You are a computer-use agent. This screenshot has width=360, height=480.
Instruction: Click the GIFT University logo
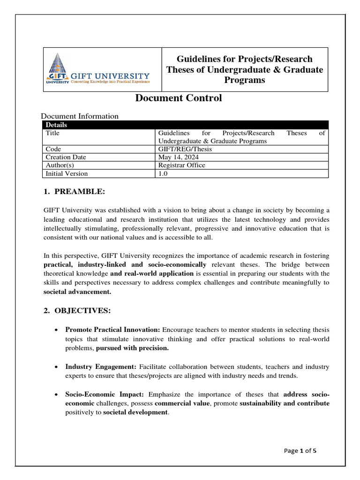[98, 69]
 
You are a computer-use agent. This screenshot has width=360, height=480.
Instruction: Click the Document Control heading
[179, 98]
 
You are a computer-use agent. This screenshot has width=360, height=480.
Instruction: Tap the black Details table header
[186, 125]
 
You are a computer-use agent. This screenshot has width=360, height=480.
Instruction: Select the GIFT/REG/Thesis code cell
[185, 149]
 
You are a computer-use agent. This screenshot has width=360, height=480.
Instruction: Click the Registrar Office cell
[182, 165]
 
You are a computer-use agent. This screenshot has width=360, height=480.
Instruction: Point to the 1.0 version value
[163, 173]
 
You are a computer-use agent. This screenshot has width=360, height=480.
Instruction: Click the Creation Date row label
[66, 157]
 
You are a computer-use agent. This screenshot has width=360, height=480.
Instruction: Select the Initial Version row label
[67, 173]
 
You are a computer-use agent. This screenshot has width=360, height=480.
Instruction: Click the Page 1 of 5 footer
[300, 451]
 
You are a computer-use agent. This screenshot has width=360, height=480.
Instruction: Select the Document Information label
[80, 116]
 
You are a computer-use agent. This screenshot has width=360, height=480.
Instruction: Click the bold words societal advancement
[77, 292]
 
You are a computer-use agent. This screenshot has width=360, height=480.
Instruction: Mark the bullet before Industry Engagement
[56, 367]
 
